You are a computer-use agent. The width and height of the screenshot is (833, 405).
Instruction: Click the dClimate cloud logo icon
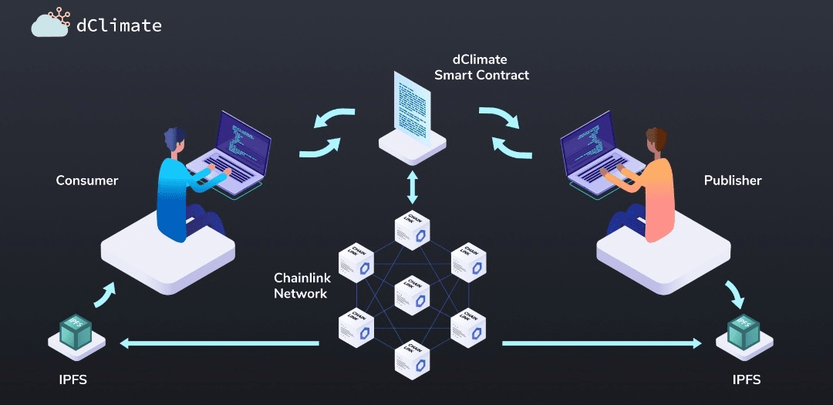tap(51, 23)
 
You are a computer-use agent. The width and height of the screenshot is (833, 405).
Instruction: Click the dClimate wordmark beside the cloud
tap(119, 25)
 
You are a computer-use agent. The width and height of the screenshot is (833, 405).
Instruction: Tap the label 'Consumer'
tap(87, 181)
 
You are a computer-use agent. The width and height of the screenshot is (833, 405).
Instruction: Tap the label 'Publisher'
tap(733, 181)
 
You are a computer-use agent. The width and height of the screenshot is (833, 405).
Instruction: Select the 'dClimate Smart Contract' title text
tap(482, 68)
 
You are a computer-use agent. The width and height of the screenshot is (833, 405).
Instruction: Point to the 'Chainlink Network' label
tap(302, 285)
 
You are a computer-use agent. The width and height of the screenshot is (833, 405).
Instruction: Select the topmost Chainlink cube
tap(413, 229)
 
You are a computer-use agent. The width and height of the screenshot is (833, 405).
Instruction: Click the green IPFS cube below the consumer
tap(76, 329)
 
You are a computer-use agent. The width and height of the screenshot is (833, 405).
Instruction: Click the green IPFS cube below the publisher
tap(744, 330)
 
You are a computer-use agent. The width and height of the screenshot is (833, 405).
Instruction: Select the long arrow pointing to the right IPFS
tap(602, 343)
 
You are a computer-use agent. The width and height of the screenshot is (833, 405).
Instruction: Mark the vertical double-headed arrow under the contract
tap(413, 187)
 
